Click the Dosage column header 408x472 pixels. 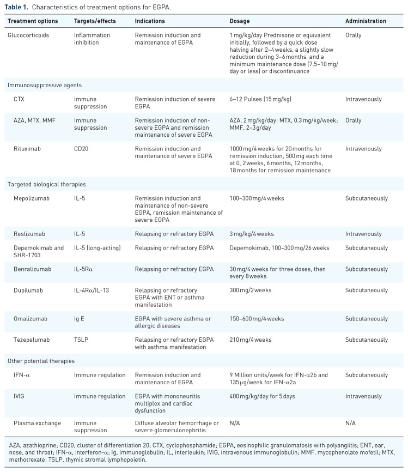pos(240,21)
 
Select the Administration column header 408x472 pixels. pos(366,21)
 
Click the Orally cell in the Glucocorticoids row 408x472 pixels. pos(353,35)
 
